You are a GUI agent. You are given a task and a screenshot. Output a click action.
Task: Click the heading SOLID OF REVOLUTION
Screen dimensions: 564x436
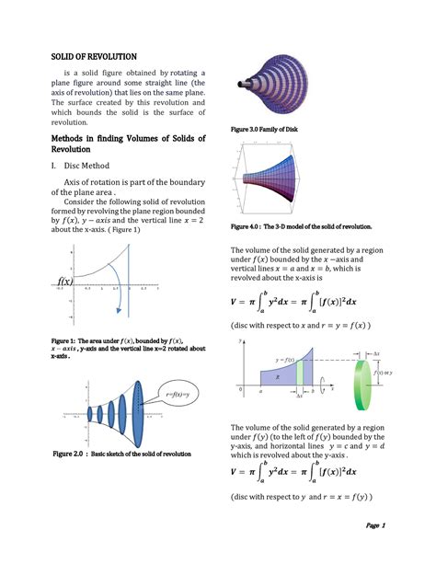click(94, 57)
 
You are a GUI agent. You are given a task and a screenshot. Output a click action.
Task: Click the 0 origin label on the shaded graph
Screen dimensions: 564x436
click(242, 390)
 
